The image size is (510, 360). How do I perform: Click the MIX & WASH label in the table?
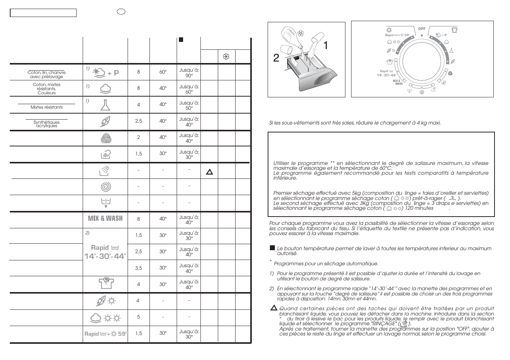(x=105, y=218)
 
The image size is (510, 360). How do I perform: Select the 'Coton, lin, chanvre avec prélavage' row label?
(x=46, y=74)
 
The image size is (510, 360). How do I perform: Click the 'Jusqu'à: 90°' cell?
(x=189, y=72)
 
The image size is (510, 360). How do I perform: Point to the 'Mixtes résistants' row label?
(x=46, y=107)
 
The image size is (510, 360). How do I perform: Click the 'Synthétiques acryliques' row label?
(x=46, y=124)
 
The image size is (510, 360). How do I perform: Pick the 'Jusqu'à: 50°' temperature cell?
(x=189, y=105)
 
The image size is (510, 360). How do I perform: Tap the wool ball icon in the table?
(x=106, y=138)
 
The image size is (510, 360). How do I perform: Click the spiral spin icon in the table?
(x=106, y=187)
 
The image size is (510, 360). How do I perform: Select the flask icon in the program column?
(x=105, y=105)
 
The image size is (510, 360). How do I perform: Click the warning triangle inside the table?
(x=210, y=172)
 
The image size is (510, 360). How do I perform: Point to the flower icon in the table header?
(x=226, y=57)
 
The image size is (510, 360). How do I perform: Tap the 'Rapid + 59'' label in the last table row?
(x=105, y=334)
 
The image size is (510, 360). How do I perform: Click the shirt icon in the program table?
(x=106, y=283)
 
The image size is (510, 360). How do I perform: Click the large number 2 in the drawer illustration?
(x=276, y=58)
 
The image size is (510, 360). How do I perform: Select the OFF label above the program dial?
(x=422, y=29)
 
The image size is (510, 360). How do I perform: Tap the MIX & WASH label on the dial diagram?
(x=396, y=82)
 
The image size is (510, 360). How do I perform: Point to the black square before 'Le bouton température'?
(x=272, y=248)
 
